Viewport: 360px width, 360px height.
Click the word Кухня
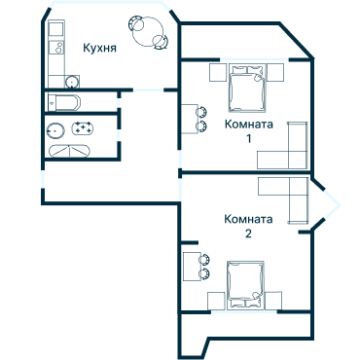(101, 47)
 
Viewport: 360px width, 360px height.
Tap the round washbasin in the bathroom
(55, 128)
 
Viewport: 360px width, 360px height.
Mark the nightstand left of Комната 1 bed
(217, 71)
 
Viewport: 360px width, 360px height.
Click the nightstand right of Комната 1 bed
(276, 71)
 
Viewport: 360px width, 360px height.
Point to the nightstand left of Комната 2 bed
(217, 299)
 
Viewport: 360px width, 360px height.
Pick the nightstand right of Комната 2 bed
(276, 299)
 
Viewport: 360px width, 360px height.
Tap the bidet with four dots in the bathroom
(83, 128)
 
